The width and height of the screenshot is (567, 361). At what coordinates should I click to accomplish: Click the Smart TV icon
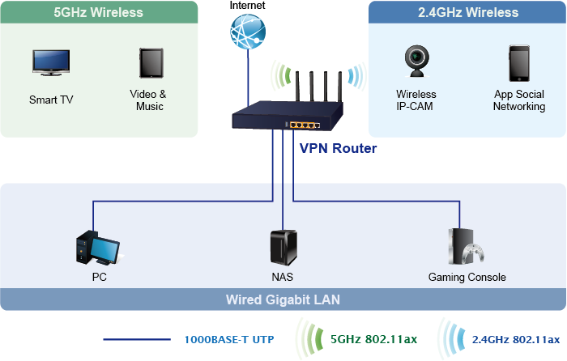[50, 63]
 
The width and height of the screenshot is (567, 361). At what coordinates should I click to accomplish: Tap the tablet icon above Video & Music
[150, 63]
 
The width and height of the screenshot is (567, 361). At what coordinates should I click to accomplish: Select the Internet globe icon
[247, 33]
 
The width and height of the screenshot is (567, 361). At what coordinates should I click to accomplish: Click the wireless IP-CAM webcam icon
[416, 62]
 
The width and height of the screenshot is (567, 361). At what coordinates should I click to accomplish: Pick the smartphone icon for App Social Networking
[519, 62]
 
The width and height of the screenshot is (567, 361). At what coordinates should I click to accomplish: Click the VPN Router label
[338, 149]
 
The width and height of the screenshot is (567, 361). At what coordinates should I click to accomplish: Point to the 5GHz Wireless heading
[98, 12]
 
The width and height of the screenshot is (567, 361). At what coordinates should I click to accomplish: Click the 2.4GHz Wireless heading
[468, 12]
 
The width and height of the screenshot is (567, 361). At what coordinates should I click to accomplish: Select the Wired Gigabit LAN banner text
[283, 299]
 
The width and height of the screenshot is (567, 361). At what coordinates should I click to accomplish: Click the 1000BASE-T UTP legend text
[224, 339]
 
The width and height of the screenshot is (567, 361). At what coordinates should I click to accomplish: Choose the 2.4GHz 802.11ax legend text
[515, 338]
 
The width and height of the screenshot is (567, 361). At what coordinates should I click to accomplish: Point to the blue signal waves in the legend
[450, 338]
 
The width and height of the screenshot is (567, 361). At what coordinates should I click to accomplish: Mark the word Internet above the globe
[247, 5]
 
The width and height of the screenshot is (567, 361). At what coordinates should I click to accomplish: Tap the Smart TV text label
[50, 100]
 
